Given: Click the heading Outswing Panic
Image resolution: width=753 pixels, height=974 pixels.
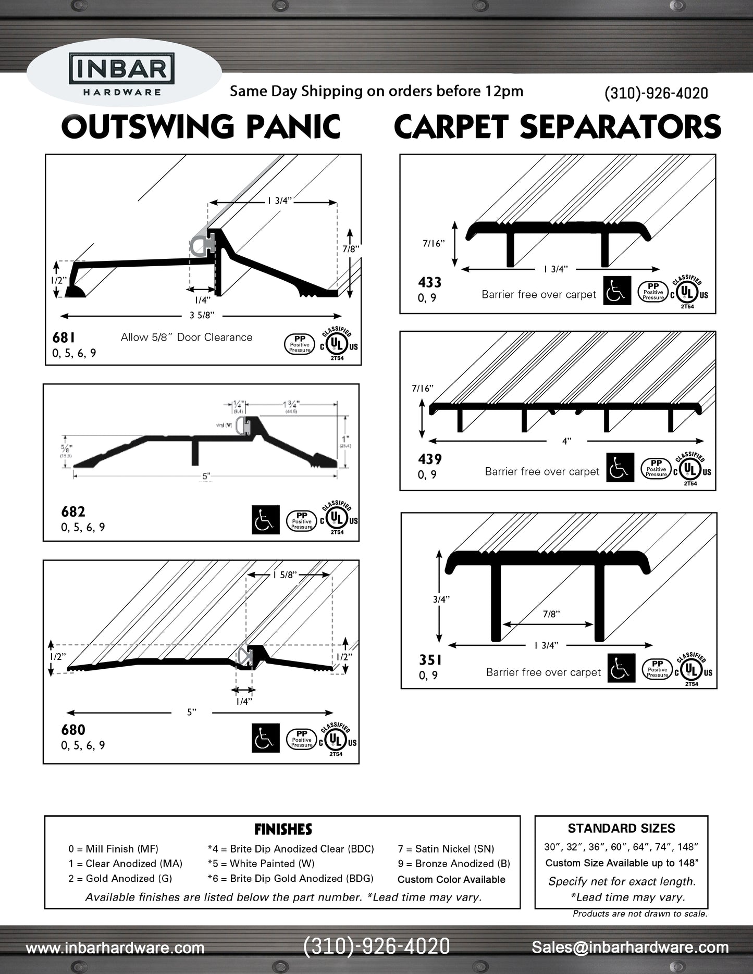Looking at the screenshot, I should tap(201, 127).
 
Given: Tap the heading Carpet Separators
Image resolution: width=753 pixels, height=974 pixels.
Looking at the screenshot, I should tap(557, 127).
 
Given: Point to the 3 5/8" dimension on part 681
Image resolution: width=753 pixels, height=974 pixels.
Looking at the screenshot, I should tap(202, 315).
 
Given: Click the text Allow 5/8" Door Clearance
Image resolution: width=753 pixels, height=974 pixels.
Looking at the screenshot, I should tap(187, 338).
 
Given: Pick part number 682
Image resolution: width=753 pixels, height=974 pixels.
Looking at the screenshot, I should tap(73, 512).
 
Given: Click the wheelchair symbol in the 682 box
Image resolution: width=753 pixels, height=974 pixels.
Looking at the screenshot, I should tap(265, 519).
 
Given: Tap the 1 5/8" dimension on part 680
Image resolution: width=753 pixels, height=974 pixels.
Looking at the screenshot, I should tap(285, 575).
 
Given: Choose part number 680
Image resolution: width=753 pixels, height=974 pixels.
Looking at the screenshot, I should tap(73, 730).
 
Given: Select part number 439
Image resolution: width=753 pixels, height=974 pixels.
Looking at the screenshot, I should tap(430, 459).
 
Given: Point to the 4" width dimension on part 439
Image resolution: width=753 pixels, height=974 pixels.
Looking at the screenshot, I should tap(566, 441).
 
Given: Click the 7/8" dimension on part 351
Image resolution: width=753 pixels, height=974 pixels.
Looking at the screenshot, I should tap(551, 614).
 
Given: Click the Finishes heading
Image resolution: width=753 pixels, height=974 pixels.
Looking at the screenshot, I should tap(283, 829).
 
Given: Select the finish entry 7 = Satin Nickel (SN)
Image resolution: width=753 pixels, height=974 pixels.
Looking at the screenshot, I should tap(446, 849).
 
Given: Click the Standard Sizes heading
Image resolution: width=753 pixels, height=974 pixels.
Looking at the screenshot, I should tap(621, 829).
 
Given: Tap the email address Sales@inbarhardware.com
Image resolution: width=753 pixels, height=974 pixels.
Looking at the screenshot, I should tap(630, 947).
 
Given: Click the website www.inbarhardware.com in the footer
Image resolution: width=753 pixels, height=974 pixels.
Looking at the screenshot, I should tap(115, 948).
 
